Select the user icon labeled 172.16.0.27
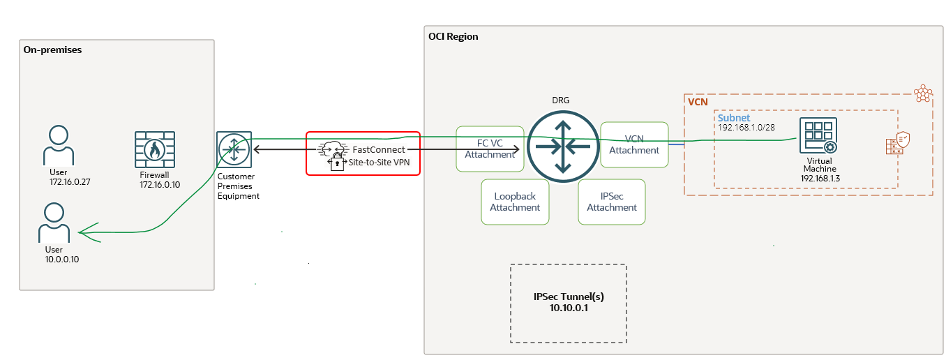click(59, 145)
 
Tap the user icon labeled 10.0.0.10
click(54, 223)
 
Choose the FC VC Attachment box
click(490, 149)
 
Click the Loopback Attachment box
click(515, 202)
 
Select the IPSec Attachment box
click(612, 202)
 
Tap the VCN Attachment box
click(633, 144)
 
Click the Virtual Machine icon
click(818, 136)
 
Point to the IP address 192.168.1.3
click(820, 179)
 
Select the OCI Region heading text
click(453, 36)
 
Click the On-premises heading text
click(52, 50)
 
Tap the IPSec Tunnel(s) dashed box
click(568, 303)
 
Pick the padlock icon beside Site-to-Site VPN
click(336, 165)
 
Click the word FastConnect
click(378, 149)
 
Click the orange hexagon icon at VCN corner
click(924, 93)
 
